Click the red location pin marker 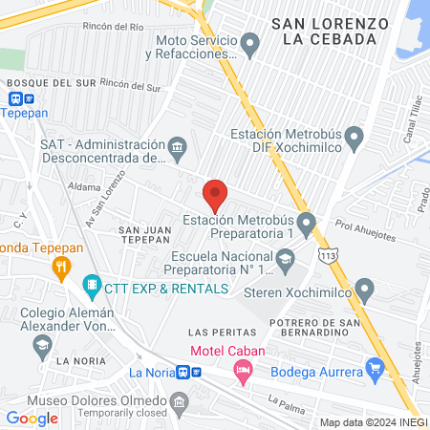click(x=215, y=195)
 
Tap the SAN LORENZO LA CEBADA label click(x=330, y=31)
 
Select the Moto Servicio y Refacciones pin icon click(x=250, y=43)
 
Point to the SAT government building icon click(x=178, y=149)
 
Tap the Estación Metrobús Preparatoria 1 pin click(x=306, y=225)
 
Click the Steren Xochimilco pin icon click(x=364, y=290)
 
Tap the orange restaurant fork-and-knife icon click(x=62, y=267)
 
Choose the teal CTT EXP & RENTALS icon click(x=92, y=286)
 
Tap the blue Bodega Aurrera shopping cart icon click(x=375, y=368)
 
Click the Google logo click(x=32, y=418)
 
